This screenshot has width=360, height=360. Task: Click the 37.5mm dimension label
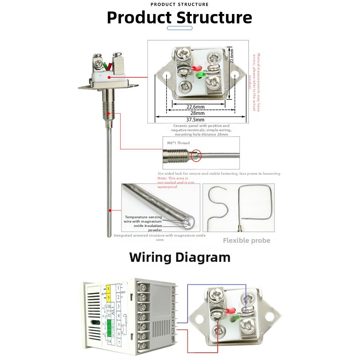tap(195, 120)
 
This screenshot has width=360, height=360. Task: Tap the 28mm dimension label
tap(195, 113)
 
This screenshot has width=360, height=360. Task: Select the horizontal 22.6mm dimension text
tap(195, 106)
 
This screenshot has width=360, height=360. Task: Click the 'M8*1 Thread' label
tap(178, 143)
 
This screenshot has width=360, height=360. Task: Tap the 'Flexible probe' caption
tap(246, 241)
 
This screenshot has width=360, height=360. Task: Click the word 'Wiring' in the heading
tap(150, 258)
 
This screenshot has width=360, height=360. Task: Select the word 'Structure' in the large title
tap(215, 18)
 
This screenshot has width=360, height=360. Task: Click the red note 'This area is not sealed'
tap(176, 183)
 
